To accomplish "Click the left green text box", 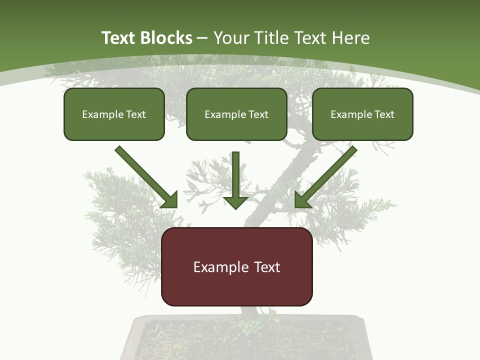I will pos(114,114).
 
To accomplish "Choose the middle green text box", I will pos(236,114).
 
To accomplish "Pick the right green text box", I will pos(362,114).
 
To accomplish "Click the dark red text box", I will pos(236,266).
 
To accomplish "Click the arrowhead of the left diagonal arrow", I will pos(170,200).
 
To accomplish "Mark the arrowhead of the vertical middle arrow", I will pos(235,202).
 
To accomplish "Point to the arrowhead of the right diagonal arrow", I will pos(302,200).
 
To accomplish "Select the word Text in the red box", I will pos(267,267).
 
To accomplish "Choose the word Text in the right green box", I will pos(384,114).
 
